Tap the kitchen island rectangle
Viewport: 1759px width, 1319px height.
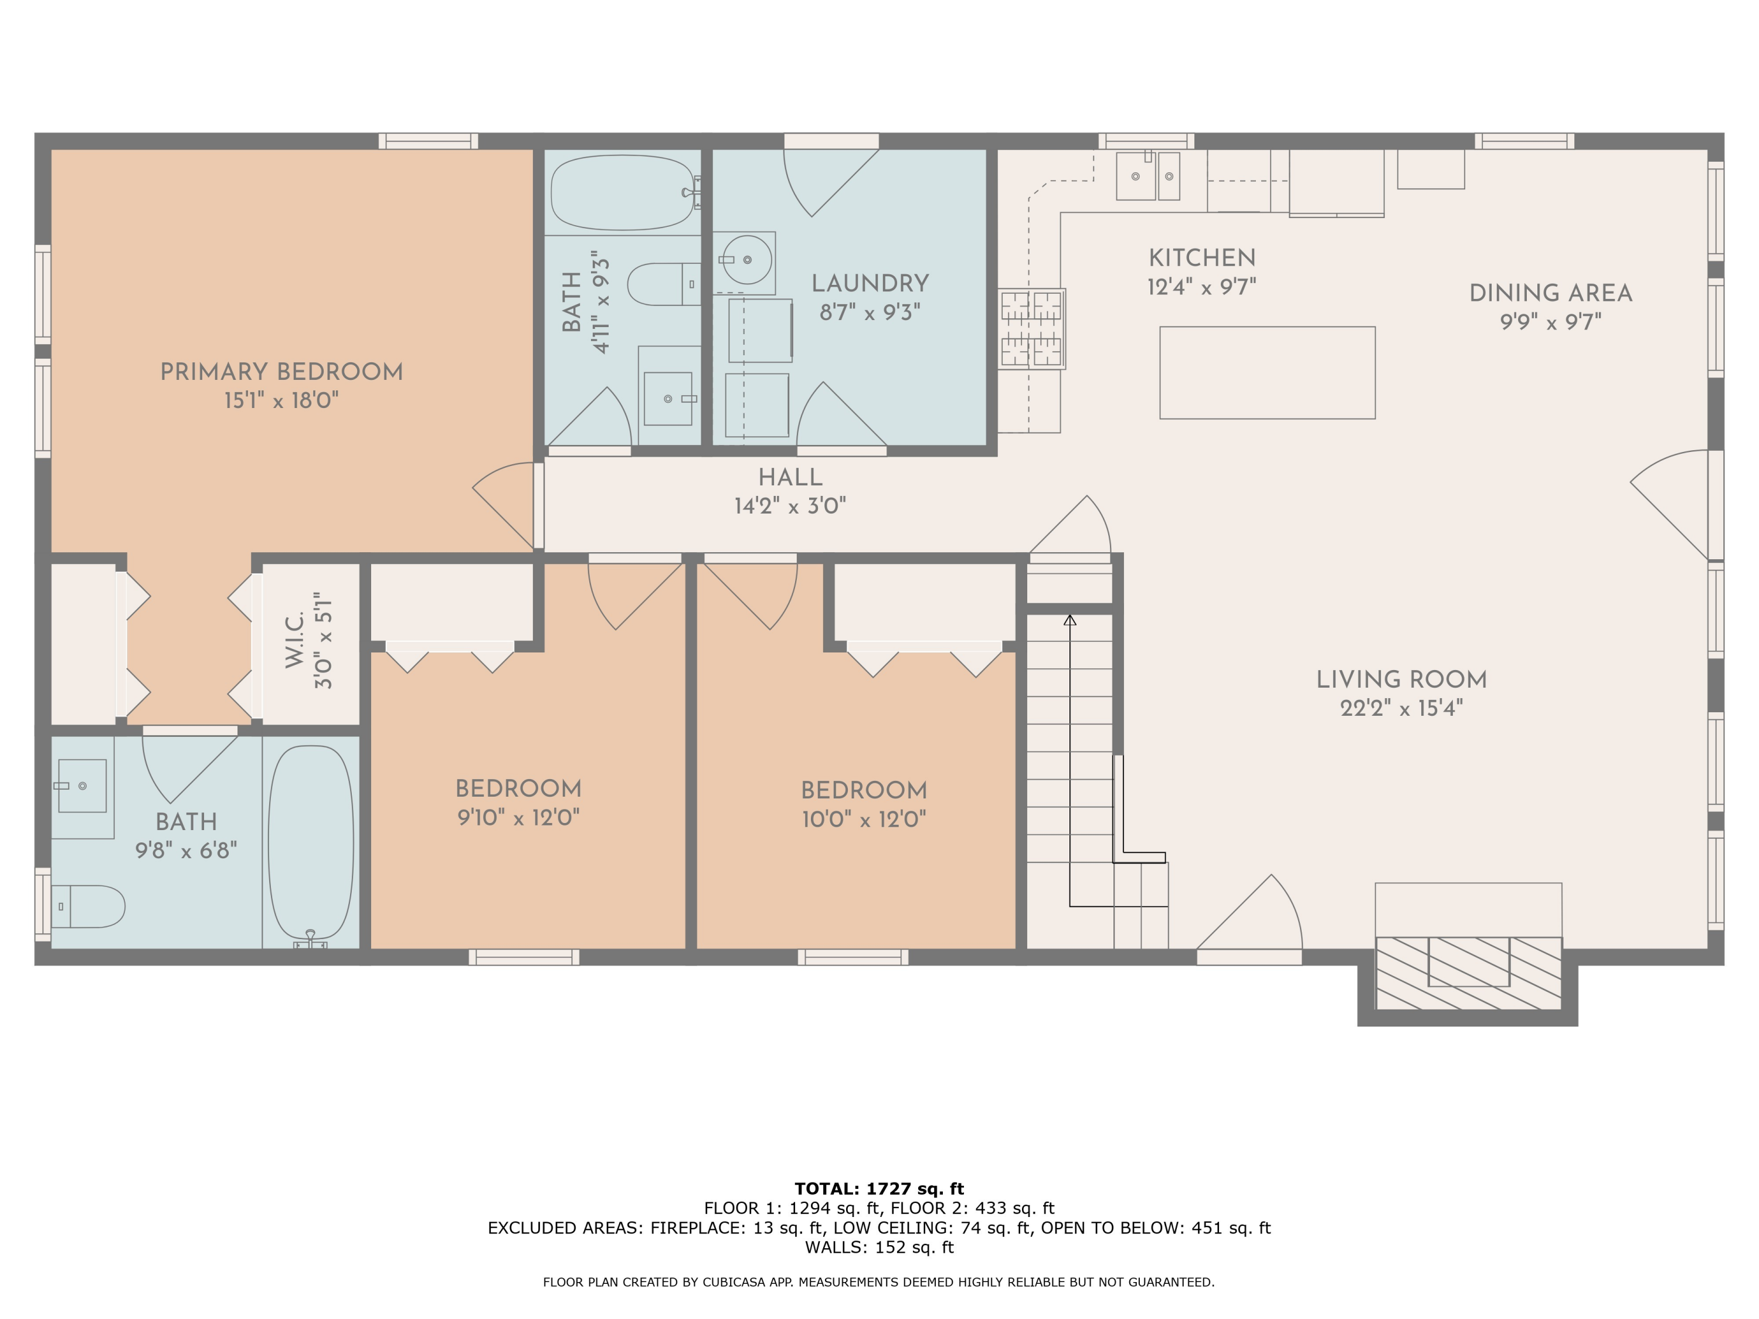tap(1266, 372)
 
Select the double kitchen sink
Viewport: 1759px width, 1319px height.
tap(1147, 176)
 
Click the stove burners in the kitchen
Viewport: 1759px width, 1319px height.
tap(1031, 328)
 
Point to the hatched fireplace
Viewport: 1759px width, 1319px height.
tap(1468, 973)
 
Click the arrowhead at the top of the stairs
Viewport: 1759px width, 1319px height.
tap(1069, 620)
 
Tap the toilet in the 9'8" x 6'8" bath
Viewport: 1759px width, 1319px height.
tap(89, 906)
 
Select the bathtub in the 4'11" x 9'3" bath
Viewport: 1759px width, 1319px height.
tap(623, 192)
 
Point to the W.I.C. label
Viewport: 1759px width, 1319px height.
tap(294, 640)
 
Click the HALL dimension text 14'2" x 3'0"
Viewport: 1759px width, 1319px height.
tap(790, 506)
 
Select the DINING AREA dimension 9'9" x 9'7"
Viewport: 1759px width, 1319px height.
tap(1550, 321)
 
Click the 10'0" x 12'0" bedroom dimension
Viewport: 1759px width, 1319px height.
tap(864, 819)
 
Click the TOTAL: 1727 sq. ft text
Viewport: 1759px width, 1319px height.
tap(879, 1189)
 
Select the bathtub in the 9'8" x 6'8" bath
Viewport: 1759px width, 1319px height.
tap(311, 843)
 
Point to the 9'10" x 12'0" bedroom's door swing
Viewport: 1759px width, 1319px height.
tap(632, 592)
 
